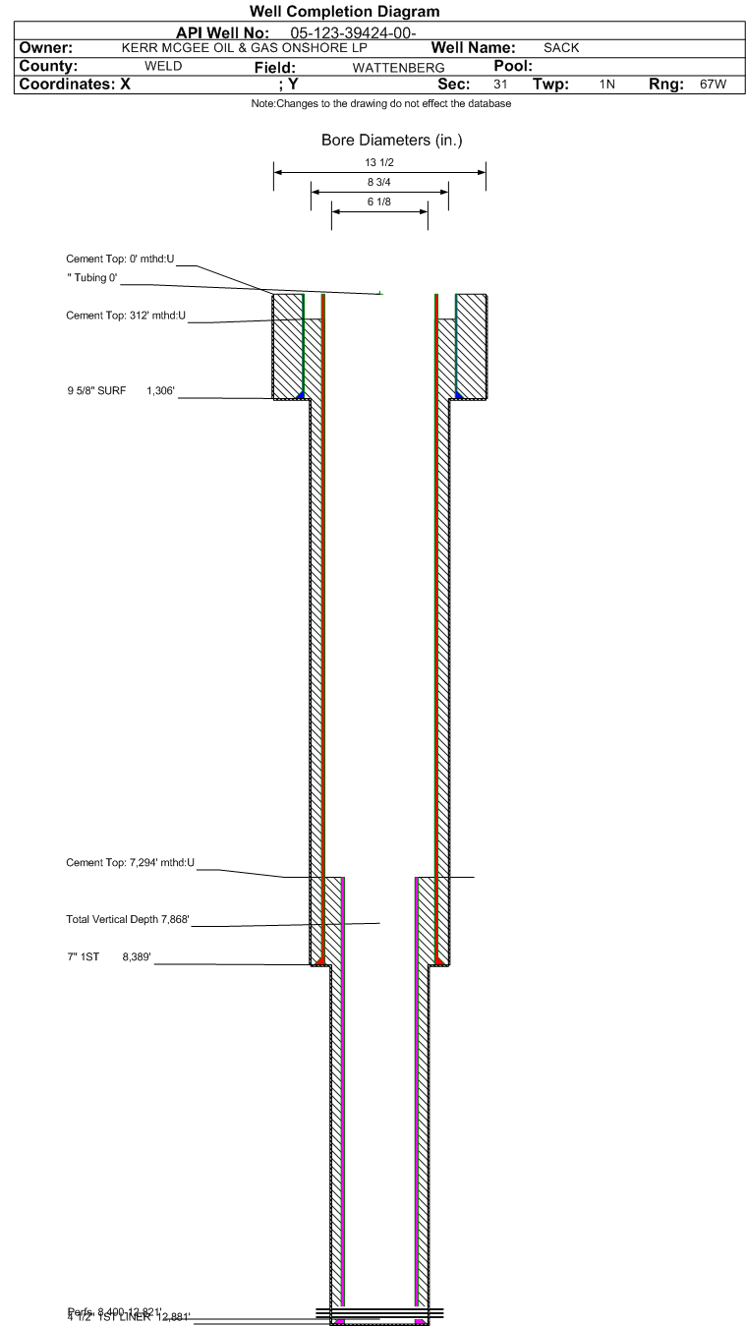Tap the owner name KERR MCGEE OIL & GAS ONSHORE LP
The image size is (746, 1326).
pos(243,47)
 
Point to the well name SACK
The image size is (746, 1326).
pos(561,48)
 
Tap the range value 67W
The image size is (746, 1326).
pos(713,85)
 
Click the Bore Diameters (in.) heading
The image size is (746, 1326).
pos(391,141)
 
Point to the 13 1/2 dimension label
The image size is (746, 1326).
pos(378,163)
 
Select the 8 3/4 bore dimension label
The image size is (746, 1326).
pos(378,182)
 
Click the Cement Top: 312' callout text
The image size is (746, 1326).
pos(126,315)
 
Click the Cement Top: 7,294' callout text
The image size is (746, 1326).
pos(130,863)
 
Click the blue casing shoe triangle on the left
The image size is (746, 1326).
pos(300,394)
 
